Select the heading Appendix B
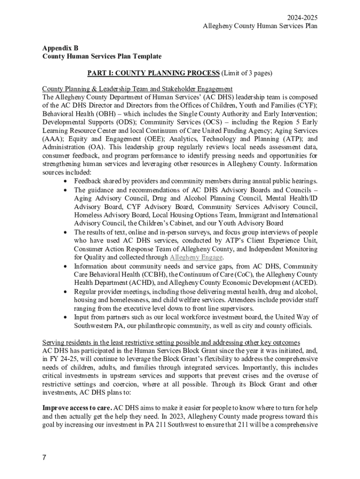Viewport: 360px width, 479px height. pyautogui.click(x=60, y=48)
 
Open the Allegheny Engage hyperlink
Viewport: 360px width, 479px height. pyautogui.click(x=196, y=257)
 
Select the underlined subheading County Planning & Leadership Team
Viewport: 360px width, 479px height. pyautogui.click(x=137, y=89)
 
